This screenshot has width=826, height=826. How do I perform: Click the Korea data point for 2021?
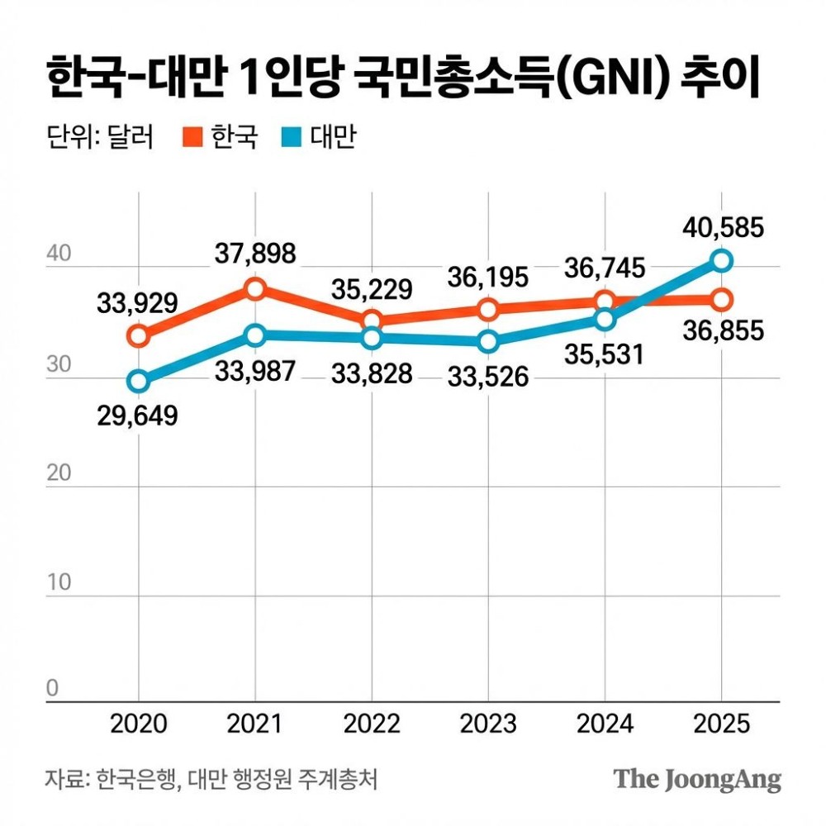pos(255,288)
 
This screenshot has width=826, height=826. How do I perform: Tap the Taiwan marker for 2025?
pos(722,261)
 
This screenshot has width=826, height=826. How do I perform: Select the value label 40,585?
pos(722,226)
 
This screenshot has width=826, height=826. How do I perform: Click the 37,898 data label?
pos(255,254)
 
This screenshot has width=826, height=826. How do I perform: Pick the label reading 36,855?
pos(722,333)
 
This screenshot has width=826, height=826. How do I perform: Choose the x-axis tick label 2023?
pos(487,724)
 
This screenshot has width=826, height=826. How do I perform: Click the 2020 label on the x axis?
pos(138,724)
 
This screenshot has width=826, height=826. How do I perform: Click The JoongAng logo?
pos(697,778)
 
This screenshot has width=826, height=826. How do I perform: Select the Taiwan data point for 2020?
pos(138,381)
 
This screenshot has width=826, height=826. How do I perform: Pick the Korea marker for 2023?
pos(488,310)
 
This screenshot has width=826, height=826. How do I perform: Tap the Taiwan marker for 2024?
pos(605,319)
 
